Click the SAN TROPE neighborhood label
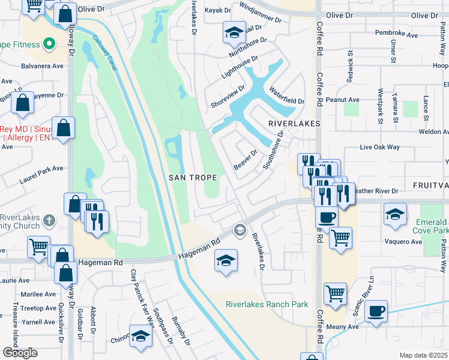click(x=191, y=177)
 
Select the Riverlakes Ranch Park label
click(x=267, y=304)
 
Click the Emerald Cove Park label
click(x=431, y=226)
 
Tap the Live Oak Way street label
click(x=379, y=147)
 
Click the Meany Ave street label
click(x=344, y=327)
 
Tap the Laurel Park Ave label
click(x=41, y=169)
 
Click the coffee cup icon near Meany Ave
click(x=376, y=311)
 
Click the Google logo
click(x=19, y=352)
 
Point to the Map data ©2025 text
click(x=423, y=355)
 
